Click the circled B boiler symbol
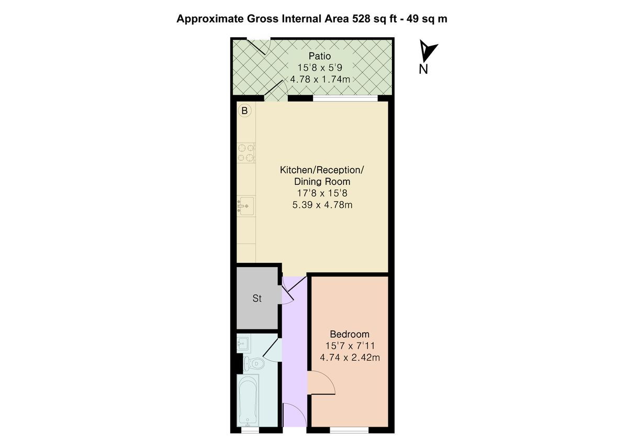(x=244, y=111)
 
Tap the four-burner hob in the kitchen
(x=246, y=152)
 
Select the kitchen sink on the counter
(x=246, y=206)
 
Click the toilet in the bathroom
(x=254, y=363)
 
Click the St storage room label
(x=257, y=298)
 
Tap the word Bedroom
(x=350, y=334)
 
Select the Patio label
(x=320, y=56)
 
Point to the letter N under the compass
(x=423, y=69)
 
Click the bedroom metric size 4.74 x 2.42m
(x=350, y=357)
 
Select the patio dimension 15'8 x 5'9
(x=320, y=68)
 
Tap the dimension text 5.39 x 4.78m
(x=322, y=205)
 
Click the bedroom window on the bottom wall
(x=350, y=430)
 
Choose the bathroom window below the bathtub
(x=250, y=430)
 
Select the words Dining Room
(x=322, y=182)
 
